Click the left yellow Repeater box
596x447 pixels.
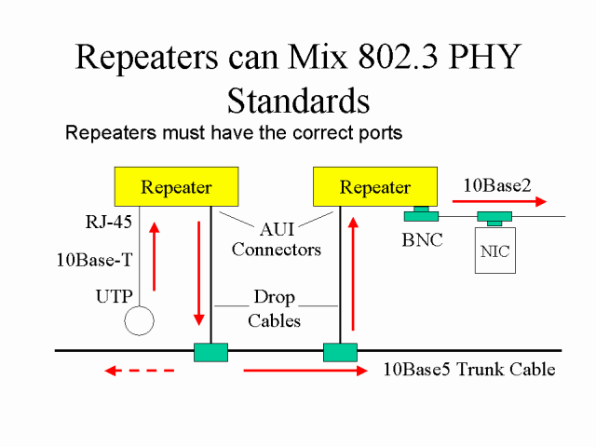(176, 187)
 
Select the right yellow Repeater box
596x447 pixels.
(374, 187)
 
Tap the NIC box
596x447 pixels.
(494, 251)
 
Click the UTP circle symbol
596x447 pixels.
(139, 318)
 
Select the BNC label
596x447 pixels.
(422, 239)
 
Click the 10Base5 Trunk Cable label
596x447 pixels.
(469, 370)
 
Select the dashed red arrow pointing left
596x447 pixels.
(139, 371)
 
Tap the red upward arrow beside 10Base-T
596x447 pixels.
(154, 256)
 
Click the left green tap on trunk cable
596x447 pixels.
(210, 352)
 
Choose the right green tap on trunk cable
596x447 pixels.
(340, 352)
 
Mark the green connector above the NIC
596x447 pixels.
(494, 218)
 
